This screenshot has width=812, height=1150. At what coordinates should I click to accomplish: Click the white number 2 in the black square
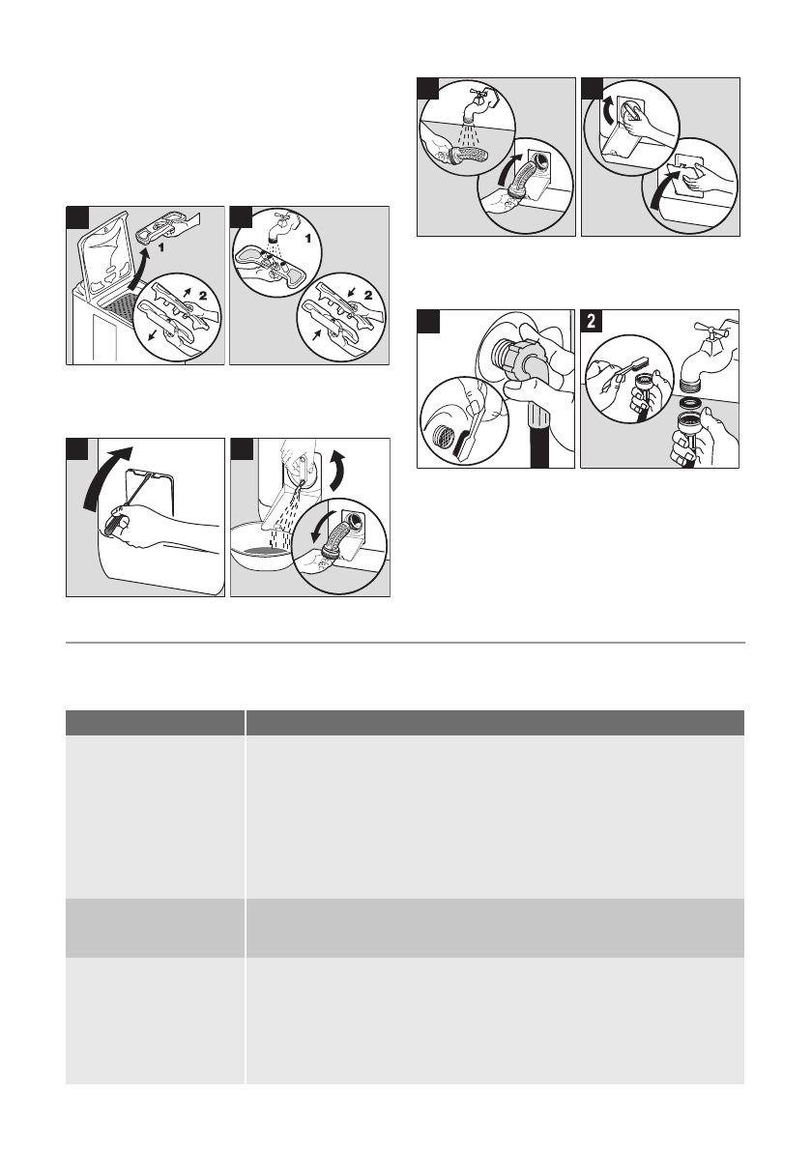[x=592, y=321]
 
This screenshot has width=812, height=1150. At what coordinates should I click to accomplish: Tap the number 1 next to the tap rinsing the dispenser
[x=308, y=239]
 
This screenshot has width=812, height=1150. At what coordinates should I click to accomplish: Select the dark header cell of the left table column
[x=155, y=723]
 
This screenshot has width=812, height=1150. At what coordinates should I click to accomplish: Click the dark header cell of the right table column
[x=495, y=723]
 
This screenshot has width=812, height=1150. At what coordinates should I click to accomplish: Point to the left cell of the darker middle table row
[x=155, y=928]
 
